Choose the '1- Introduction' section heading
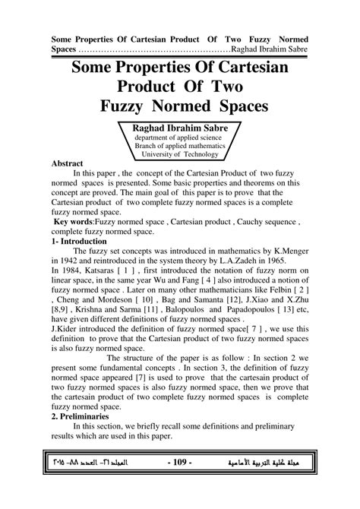pos(84,242)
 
